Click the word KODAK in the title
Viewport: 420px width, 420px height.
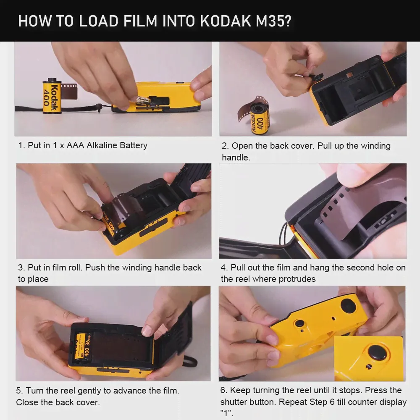[225, 21]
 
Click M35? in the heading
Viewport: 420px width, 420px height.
[273, 21]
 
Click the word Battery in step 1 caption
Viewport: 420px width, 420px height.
[134, 145]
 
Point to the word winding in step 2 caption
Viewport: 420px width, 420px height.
[376, 146]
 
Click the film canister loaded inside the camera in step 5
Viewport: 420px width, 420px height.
[82, 347]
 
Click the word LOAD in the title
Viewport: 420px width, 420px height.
[99, 21]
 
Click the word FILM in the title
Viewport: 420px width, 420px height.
[140, 21]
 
